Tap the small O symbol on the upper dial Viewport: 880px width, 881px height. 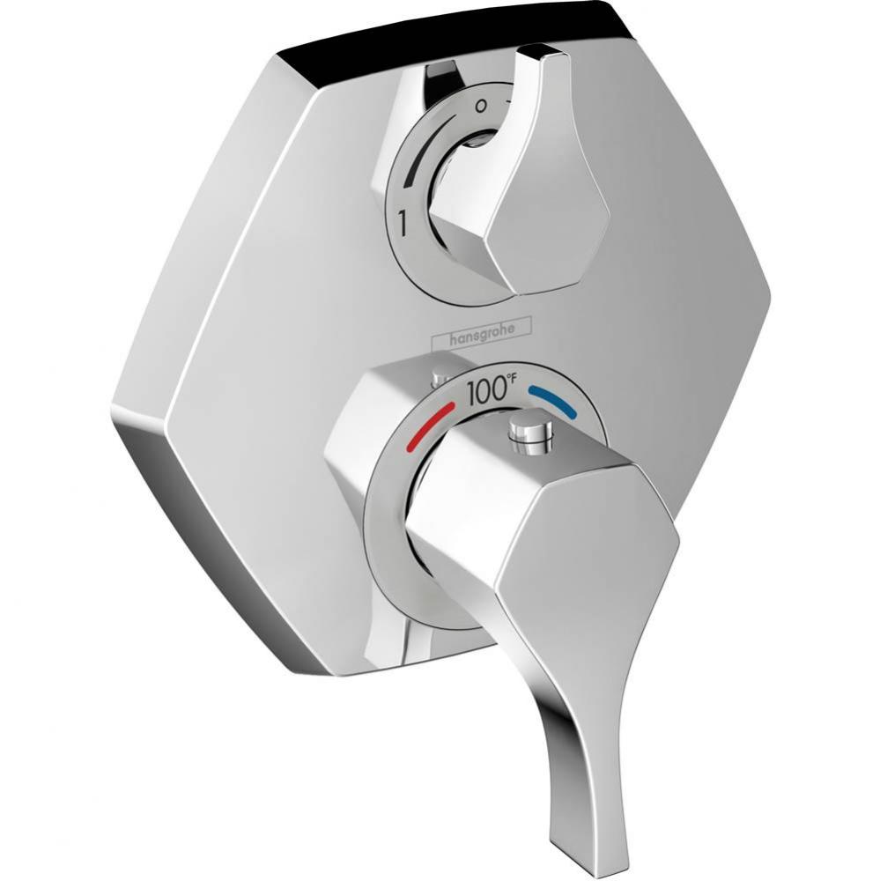(479, 104)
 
